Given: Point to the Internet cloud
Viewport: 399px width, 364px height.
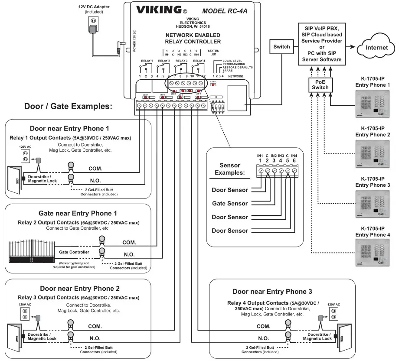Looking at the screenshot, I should coord(374,47).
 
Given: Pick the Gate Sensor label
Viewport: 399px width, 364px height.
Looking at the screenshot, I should coord(230,203).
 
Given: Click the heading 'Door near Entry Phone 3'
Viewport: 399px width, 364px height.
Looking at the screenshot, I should coord(272,291).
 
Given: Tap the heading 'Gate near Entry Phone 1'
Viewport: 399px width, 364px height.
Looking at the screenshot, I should coord(78,213).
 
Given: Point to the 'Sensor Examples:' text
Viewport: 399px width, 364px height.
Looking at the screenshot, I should coord(229,169).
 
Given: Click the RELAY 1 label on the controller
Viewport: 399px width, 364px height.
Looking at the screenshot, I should coord(146,61).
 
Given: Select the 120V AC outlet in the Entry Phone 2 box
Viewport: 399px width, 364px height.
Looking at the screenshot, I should coord(24,314).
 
